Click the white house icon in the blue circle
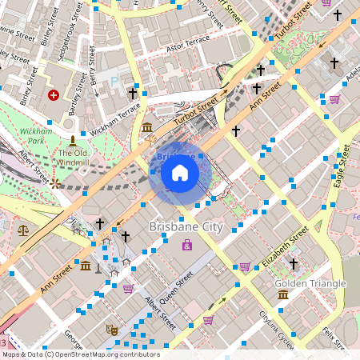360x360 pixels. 180,173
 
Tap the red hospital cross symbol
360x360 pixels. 54,94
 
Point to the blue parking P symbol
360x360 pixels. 114,81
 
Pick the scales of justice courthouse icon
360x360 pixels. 22,229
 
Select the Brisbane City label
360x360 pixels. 186,227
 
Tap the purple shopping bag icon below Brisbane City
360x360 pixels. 186,245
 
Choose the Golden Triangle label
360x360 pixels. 310,283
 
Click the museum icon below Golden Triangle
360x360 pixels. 282,295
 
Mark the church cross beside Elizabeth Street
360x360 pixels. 293,263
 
